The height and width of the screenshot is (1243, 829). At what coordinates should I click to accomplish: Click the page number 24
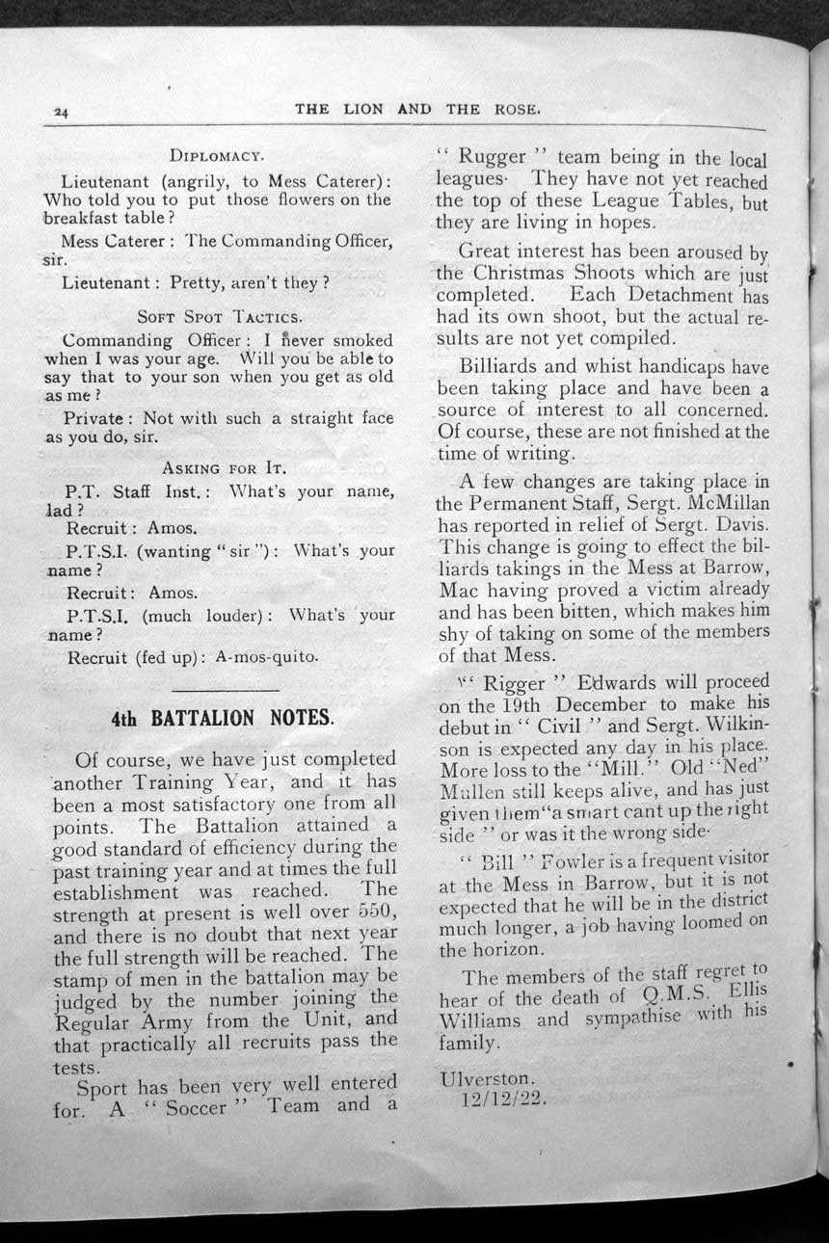point(60,113)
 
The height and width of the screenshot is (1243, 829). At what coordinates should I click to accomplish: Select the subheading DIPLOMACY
point(217,155)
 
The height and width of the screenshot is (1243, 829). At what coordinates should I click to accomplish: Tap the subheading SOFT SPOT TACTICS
point(220,315)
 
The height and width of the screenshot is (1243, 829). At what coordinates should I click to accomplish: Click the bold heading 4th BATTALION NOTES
point(222,718)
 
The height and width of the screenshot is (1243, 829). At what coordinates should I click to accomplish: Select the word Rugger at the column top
point(491,156)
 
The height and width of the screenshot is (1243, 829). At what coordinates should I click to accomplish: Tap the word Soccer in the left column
point(197,1106)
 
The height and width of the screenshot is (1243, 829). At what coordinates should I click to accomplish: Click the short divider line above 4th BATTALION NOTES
point(224,689)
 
